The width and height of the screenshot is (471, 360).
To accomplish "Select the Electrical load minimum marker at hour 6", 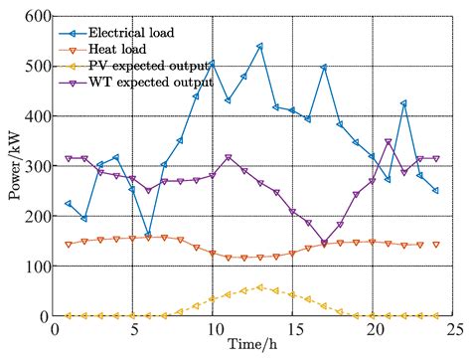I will point(148,236).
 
